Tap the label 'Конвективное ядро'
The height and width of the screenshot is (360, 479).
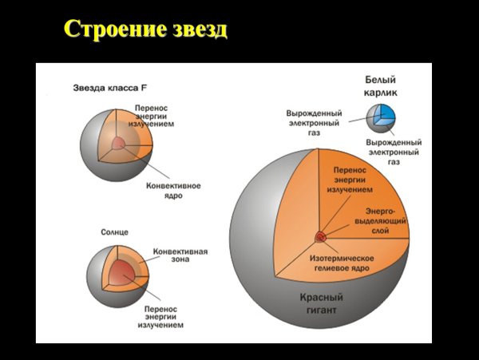coord(172,190)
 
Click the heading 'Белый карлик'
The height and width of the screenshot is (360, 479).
coord(381,86)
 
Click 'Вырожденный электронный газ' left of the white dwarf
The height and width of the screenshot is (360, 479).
coord(314,124)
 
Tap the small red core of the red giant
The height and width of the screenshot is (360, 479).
coord(319,236)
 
